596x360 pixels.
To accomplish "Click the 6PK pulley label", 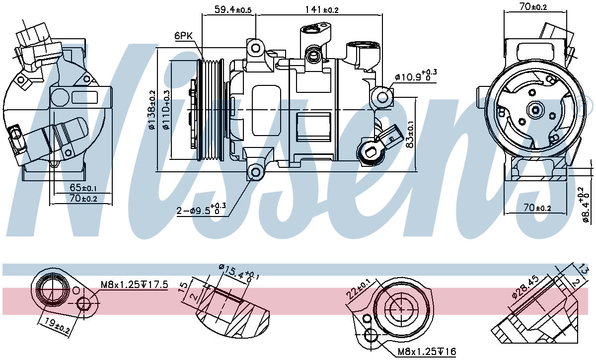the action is pyautogui.click(x=183, y=36).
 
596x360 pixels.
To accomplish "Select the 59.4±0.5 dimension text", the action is pyautogui.click(x=233, y=9).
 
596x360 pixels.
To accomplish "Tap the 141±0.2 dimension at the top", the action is pyautogui.click(x=321, y=9).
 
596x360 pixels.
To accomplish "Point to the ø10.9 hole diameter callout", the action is pyautogui.click(x=416, y=76).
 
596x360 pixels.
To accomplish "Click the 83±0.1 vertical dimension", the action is pyautogui.click(x=410, y=135).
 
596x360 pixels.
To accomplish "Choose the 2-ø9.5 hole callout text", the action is pyautogui.click(x=201, y=209).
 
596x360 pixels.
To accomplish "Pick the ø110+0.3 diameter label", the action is pyautogui.click(x=166, y=110).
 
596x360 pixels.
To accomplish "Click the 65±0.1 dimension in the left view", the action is pyautogui.click(x=83, y=188).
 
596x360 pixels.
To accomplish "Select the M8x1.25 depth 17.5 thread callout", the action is pyautogui.click(x=134, y=285).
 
